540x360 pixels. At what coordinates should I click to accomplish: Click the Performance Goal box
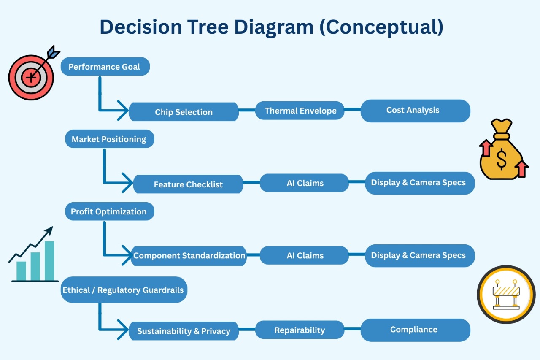pyautogui.click(x=105, y=67)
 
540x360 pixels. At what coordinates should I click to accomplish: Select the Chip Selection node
pyautogui.click(x=184, y=112)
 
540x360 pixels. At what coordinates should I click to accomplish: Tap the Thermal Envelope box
pyautogui.click(x=300, y=111)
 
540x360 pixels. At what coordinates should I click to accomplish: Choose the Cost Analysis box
pyautogui.click(x=415, y=111)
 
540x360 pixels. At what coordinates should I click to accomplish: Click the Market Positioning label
pyautogui.click(x=109, y=139)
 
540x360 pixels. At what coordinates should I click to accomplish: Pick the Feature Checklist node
pyautogui.click(x=188, y=184)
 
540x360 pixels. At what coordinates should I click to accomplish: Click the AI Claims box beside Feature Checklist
pyautogui.click(x=305, y=183)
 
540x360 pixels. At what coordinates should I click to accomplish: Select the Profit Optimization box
pyautogui.click(x=109, y=211)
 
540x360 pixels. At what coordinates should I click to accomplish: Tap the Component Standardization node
pyautogui.click(x=189, y=256)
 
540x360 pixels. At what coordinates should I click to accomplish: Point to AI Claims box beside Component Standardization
pyautogui.click(x=305, y=256)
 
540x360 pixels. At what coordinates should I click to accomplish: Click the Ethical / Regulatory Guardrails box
pyautogui.click(x=123, y=290)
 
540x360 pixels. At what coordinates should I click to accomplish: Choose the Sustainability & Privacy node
pyautogui.click(x=184, y=331)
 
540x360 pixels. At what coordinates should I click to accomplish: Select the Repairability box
pyautogui.click(x=300, y=330)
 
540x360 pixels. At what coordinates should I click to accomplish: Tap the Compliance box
pyautogui.click(x=415, y=330)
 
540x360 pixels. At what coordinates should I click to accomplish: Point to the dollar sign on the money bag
pyautogui.click(x=502, y=159)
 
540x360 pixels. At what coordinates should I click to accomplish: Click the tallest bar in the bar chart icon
pyautogui.click(x=49, y=260)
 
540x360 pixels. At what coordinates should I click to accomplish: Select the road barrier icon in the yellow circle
pyautogui.click(x=506, y=294)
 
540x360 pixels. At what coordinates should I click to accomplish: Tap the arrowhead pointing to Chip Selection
pyautogui.click(x=123, y=111)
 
